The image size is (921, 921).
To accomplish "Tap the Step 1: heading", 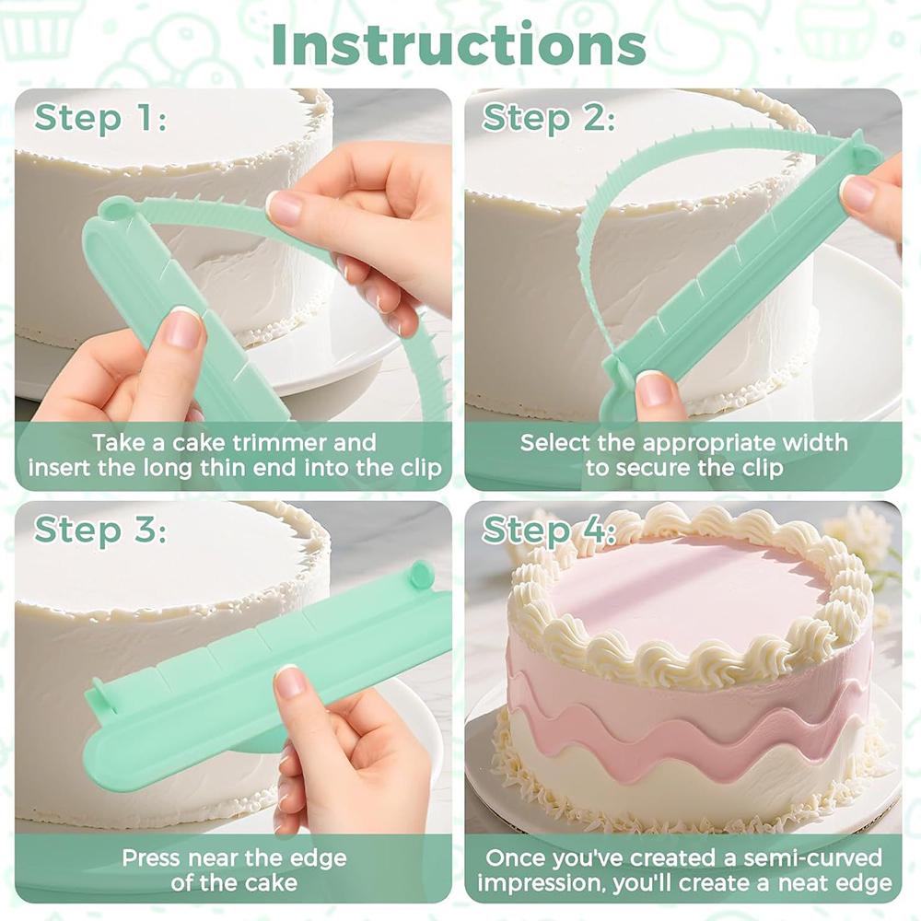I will (x=100, y=118).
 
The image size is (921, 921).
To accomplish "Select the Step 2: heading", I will (x=549, y=118).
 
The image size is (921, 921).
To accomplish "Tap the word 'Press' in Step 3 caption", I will (x=152, y=858).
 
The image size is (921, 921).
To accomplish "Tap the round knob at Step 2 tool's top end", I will (x=866, y=155).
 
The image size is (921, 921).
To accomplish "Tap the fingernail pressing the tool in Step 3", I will (x=290, y=682).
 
